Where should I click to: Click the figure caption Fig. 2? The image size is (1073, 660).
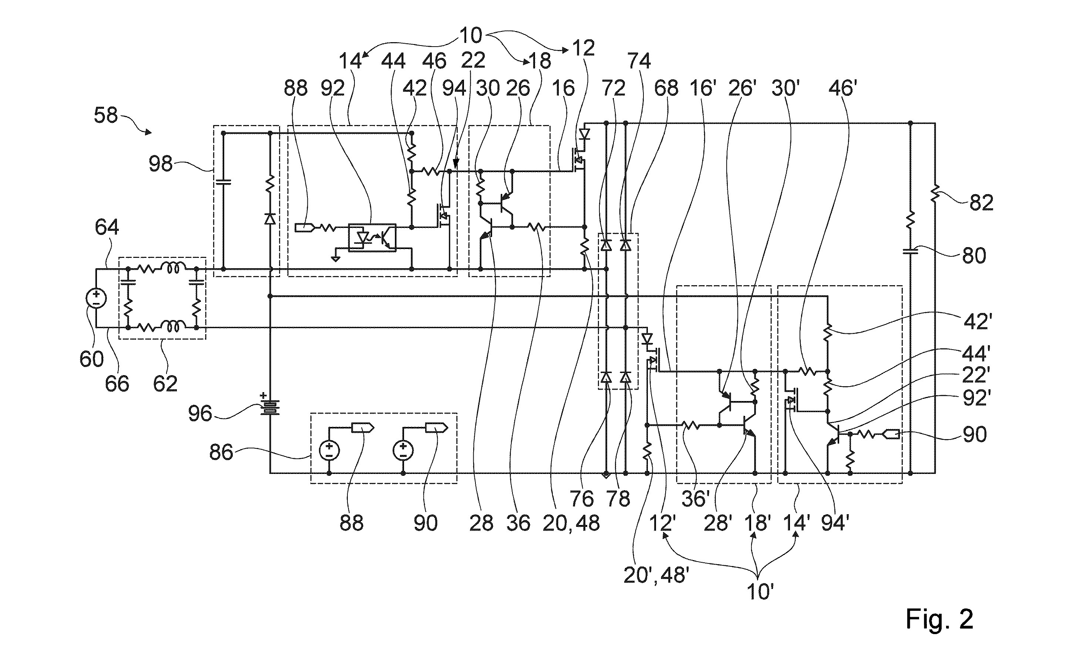click(939, 619)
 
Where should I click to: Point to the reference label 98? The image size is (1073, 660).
click(161, 165)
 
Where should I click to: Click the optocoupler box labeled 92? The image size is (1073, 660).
click(372, 238)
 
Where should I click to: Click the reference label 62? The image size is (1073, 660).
click(165, 384)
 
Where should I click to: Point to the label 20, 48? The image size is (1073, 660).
click(571, 523)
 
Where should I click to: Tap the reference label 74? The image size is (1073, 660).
click(639, 61)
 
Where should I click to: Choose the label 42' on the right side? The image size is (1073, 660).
click(974, 322)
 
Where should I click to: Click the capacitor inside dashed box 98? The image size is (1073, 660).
click(223, 182)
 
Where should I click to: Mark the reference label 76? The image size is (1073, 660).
click(582, 498)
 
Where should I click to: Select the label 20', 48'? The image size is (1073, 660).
click(656, 575)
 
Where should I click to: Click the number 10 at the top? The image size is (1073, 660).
click(470, 36)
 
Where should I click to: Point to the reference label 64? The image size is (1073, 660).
click(107, 227)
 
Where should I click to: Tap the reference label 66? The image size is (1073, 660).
click(117, 384)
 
